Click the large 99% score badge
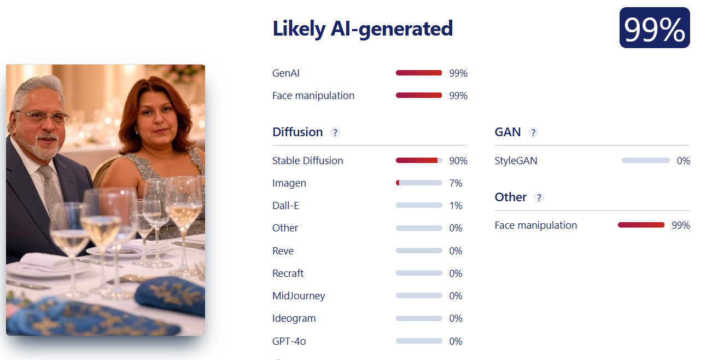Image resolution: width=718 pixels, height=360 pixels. point(655,28)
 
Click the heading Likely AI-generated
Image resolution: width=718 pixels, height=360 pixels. point(363,29)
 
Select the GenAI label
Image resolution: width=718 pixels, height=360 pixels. point(286,73)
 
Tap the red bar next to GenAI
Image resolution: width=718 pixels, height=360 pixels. point(419,73)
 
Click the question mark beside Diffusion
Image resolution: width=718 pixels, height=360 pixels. point(335,132)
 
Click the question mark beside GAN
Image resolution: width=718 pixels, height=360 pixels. point(533,132)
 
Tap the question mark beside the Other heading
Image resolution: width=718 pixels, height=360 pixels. point(539,198)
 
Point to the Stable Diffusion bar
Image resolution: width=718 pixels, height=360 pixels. point(419,160)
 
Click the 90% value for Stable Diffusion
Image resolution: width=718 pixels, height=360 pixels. point(458,161)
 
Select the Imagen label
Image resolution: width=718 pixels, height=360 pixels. point(289,183)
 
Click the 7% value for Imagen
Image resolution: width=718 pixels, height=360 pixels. point(456,183)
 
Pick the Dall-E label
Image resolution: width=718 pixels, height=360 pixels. point(285,206)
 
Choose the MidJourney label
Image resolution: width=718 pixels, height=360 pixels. point(299,295)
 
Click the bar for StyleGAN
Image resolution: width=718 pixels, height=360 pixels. point(646,160)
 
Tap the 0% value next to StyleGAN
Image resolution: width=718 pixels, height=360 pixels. point(684,161)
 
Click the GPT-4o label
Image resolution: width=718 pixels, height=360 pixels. point(289,341)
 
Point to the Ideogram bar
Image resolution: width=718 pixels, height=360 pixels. point(419,318)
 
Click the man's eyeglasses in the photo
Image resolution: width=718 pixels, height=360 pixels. point(43,117)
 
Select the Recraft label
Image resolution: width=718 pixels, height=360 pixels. point(288,274)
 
